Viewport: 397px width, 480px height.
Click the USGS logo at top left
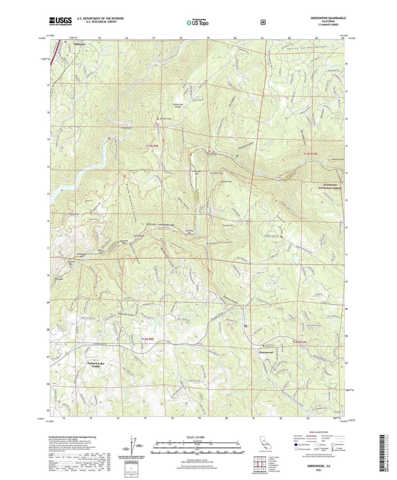pyautogui.click(x=60, y=21)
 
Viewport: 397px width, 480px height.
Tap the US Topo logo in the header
pyautogui.click(x=197, y=23)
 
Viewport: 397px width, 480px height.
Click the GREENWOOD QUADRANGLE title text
pyautogui.click(x=328, y=18)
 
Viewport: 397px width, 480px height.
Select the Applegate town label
pyautogui.click(x=79, y=44)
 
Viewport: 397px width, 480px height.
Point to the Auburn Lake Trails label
pyautogui.click(x=96, y=365)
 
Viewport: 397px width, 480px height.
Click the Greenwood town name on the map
pyautogui.click(x=266, y=352)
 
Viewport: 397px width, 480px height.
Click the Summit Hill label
pyautogui.click(x=226, y=182)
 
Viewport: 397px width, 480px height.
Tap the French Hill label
pyautogui.click(x=228, y=225)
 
